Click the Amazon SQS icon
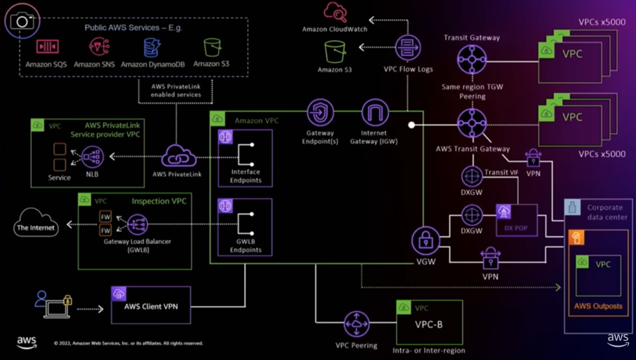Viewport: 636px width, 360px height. coord(47,46)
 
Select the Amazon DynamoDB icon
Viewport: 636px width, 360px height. coord(152,46)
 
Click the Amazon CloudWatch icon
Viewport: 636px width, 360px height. coord(335,12)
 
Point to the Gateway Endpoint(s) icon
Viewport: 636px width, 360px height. coord(320,112)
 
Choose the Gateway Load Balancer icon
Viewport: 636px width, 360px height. coord(138,224)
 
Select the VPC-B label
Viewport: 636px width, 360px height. coord(429,325)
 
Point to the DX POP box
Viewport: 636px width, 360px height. coord(516,220)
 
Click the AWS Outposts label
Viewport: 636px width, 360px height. coord(598,306)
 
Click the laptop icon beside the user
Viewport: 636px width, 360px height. coord(57,310)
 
